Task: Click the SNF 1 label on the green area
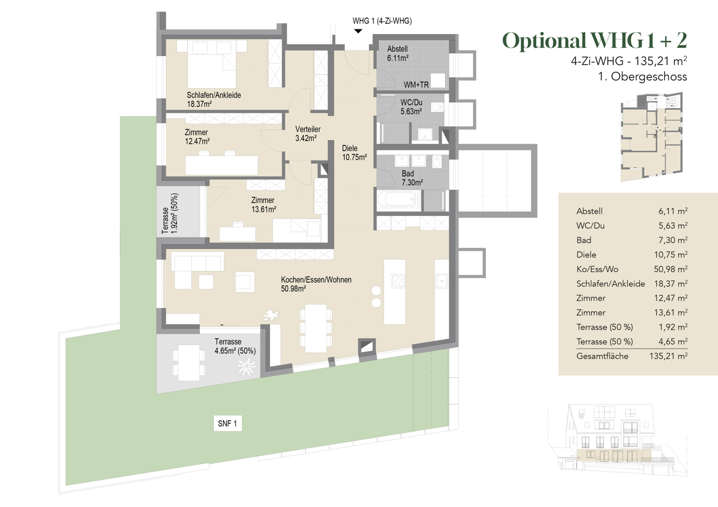227,423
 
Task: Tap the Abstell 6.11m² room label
398,53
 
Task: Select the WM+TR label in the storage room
416,85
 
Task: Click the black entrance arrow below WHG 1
358,31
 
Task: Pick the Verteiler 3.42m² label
307,133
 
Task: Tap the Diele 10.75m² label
354,153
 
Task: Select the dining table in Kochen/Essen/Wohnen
316,328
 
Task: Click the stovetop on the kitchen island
398,281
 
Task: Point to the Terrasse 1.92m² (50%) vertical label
170,213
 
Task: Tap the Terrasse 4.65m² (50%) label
235,346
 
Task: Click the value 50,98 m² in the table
672,269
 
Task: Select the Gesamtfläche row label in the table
602,356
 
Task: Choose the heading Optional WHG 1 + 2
594,41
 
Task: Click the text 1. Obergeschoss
642,77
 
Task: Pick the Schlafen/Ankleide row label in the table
610,284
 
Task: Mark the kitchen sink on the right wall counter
441,281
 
